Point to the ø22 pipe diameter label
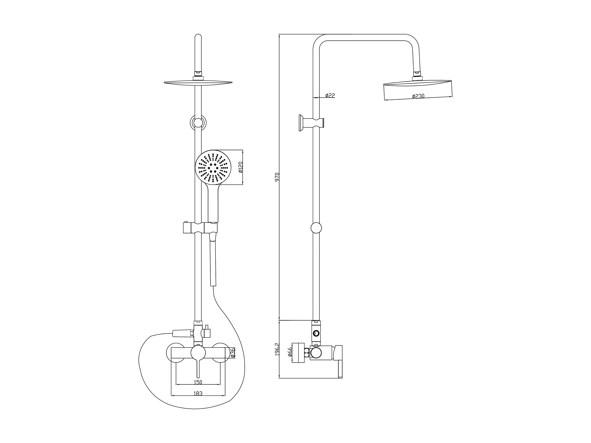pos(330,95)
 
